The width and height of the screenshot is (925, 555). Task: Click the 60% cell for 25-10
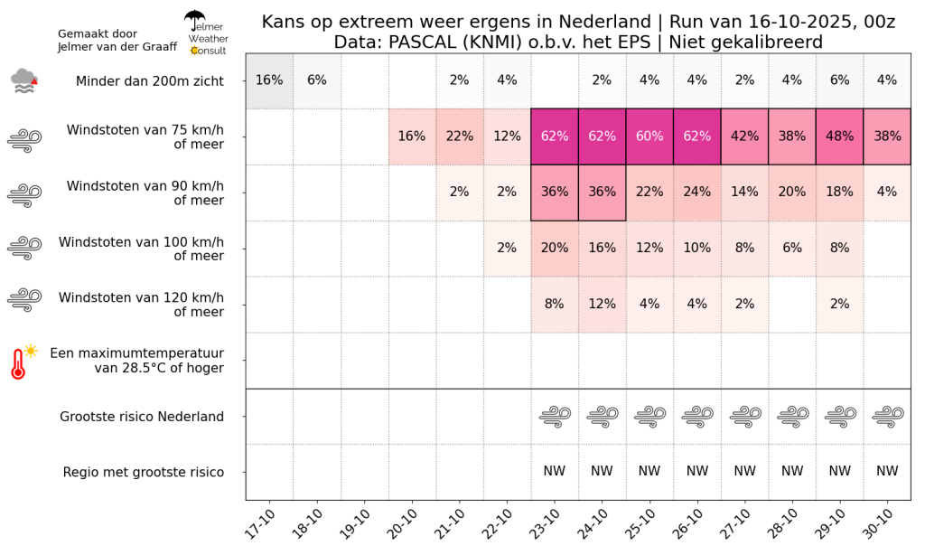(x=649, y=136)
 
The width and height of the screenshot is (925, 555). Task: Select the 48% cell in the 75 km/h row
(x=839, y=136)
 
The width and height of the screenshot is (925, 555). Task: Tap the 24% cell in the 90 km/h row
(x=696, y=193)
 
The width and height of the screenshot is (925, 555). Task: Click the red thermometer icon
(x=23, y=362)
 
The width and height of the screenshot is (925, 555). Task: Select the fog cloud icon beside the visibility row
(x=24, y=80)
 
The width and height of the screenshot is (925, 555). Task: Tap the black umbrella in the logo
(x=194, y=19)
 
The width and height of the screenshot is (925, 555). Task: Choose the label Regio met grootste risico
(x=144, y=473)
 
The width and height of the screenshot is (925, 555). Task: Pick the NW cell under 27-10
(x=744, y=471)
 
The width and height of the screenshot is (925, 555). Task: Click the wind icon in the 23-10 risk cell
(x=555, y=416)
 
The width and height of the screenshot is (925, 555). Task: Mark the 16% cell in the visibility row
(x=269, y=80)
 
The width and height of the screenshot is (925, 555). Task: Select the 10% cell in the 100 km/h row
(x=696, y=248)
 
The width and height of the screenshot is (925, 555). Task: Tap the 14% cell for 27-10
(x=744, y=193)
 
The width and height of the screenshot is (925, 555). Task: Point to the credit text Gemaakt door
(x=98, y=33)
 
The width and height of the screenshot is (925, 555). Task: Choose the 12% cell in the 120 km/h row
(x=602, y=304)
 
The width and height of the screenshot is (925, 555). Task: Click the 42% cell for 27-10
(x=744, y=136)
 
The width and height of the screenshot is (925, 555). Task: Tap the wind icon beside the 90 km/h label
(x=24, y=194)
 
